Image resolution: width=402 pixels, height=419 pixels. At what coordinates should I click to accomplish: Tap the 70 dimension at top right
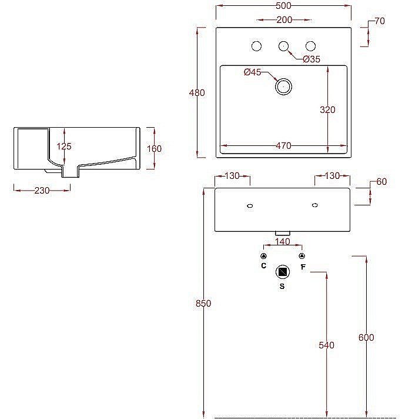380,21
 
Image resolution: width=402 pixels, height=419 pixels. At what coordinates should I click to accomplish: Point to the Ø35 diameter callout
311,59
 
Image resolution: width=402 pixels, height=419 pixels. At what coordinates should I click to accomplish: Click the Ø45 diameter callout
252,72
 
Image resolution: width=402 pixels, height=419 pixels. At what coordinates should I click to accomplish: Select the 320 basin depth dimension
328,109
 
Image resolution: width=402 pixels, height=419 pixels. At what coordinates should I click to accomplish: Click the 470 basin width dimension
283,146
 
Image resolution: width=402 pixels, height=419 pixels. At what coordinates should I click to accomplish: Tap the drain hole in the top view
283,87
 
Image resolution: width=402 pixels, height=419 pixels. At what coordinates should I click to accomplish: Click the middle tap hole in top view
283,46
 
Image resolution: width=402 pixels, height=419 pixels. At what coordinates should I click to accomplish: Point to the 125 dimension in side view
65,146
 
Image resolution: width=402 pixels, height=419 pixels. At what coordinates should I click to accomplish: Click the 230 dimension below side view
42,190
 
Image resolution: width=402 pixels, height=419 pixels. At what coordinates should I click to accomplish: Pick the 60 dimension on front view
381,181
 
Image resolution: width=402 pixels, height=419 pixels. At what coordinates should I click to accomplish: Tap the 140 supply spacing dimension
283,241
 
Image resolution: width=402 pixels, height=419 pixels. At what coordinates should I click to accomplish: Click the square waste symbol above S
283,272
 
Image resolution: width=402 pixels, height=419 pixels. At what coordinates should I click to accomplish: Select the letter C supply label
264,266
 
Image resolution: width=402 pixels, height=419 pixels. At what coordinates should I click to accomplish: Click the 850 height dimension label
203,304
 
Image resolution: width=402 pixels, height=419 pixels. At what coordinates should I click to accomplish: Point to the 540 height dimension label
326,345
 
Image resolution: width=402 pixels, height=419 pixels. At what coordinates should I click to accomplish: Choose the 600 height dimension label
366,337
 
